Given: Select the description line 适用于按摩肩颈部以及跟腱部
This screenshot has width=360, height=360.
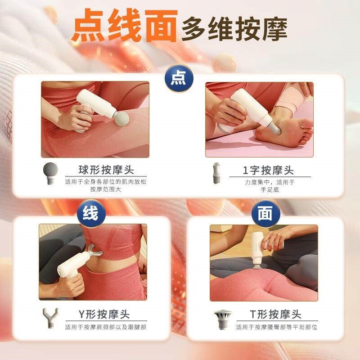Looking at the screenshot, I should (x=106, y=327).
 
